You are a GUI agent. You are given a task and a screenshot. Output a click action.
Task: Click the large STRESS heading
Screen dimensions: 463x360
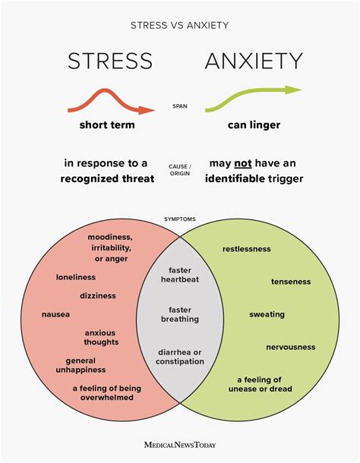(x=110, y=61)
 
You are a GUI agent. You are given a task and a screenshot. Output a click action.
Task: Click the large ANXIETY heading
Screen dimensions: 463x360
(x=254, y=61)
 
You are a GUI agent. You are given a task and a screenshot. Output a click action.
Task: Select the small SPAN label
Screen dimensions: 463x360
(x=180, y=106)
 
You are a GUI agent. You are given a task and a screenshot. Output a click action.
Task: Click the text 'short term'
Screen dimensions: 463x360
(x=107, y=125)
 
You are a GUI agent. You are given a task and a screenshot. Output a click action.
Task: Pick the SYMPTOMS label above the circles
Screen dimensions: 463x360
(x=180, y=219)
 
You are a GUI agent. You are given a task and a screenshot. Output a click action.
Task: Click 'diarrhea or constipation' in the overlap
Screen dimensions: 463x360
(x=180, y=356)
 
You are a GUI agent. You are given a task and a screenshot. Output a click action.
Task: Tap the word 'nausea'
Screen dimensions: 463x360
(x=55, y=313)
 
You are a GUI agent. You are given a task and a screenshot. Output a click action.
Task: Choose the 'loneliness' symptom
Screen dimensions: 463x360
(x=76, y=277)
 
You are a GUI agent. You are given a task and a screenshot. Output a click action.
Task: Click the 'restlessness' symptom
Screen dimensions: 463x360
(x=246, y=249)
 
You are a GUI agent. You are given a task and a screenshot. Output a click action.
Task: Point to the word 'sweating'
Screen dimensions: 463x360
(x=267, y=314)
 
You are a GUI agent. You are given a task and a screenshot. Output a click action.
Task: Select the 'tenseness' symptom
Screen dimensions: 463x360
(x=291, y=282)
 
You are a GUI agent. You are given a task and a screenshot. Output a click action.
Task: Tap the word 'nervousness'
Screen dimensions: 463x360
(x=290, y=347)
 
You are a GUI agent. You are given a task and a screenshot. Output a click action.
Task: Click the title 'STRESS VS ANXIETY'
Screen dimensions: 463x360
(x=180, y=25)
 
